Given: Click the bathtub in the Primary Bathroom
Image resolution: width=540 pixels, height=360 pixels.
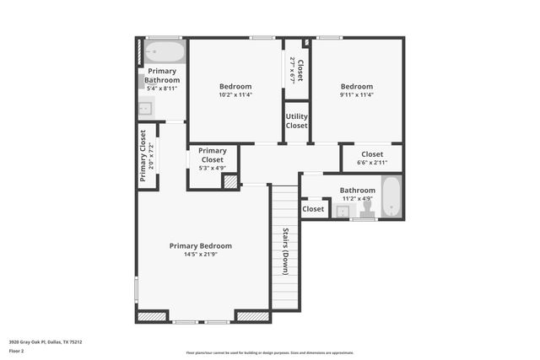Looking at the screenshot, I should [163, 51].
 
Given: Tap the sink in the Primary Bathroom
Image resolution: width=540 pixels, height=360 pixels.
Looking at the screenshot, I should [144, 107].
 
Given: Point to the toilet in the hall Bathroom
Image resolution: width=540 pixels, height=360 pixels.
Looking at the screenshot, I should [368, 207].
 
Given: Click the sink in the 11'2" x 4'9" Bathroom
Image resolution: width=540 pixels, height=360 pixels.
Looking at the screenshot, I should [342, 212].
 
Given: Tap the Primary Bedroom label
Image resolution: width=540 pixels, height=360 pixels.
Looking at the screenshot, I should [200, 246].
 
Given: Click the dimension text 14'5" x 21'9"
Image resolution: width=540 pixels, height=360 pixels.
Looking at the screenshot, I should [200, 255].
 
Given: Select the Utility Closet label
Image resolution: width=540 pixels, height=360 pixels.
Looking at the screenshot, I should [296, 121].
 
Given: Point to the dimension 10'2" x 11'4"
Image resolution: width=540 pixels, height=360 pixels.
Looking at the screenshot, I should [235, 94].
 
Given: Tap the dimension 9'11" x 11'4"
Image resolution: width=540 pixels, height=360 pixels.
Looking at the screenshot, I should [356, 94].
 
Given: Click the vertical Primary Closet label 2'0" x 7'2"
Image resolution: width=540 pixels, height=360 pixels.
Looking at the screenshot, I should [147, 156].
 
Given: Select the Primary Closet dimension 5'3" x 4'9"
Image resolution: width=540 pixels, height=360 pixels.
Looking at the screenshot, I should [212, 167].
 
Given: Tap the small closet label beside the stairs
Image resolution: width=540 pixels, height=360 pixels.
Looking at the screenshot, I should [313, 208].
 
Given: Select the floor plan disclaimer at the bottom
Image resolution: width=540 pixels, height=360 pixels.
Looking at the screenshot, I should [270, 352].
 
